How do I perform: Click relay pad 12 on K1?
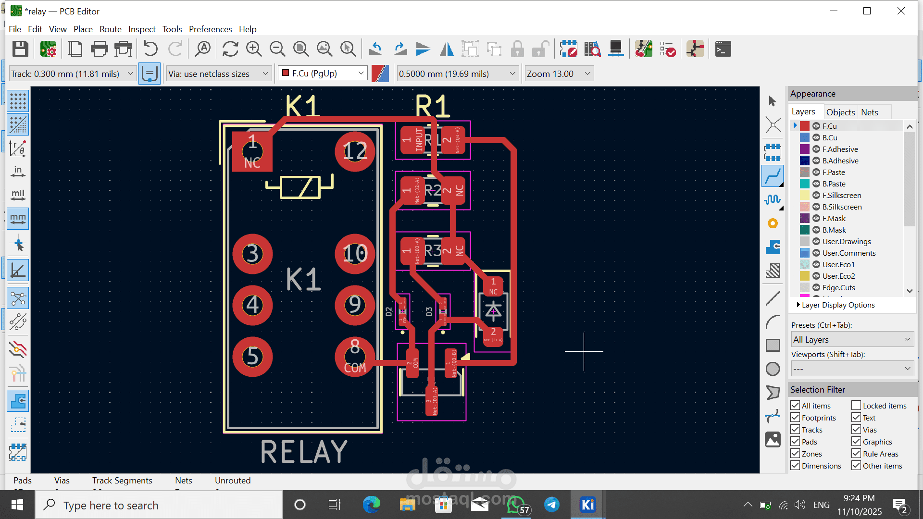pos(355,152)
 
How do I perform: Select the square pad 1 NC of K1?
pos(252,152)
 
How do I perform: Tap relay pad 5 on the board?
pos(252,357)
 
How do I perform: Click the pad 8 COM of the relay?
pos(355,357)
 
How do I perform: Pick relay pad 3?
pos(252,254)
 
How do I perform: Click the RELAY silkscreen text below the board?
pos(304,452)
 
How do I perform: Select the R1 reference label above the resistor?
pos(432,106)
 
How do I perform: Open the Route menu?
pos(110,29)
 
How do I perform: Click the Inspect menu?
pos(142,29)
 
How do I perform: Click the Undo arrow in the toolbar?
pos(150,49)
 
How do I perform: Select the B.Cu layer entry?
pos(830,138)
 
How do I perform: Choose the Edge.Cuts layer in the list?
pos(838,288)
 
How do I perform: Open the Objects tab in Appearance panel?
pos(840,112)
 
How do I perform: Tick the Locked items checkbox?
pos(856,406)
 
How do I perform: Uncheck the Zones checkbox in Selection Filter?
pos(795,454)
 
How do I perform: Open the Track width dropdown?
pos(72,74)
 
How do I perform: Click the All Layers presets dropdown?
pos(852,340)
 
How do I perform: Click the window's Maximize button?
pos(867,11)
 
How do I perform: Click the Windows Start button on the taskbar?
pos(17,505)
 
